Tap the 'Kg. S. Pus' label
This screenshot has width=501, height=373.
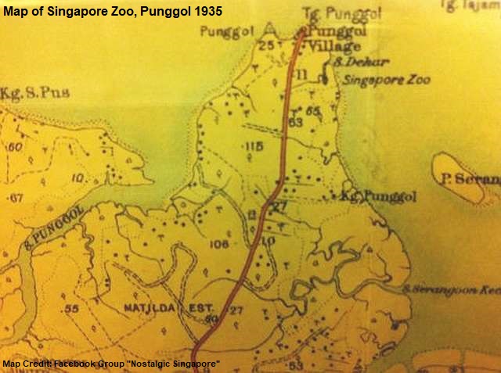pos(36,92)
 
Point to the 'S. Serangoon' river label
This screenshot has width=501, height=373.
pos(450,289)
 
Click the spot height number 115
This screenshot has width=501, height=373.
pos(253,146)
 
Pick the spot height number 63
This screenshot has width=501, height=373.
pos(295,122)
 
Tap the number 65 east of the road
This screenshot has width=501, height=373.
pos(313,111)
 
